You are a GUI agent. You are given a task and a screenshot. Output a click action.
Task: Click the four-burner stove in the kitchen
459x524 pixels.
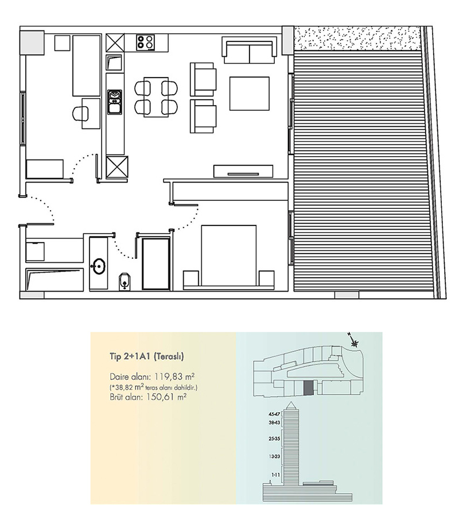click(x=146, y=42)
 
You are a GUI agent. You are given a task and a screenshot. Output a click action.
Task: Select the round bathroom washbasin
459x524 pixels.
click(x=98, y=266)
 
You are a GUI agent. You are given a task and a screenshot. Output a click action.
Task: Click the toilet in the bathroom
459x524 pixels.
click(x=125, y=282)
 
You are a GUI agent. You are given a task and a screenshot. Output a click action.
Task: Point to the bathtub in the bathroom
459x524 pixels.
click(x=54, y=279)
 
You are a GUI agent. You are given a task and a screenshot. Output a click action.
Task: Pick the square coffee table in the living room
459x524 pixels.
click(x=249, y=94)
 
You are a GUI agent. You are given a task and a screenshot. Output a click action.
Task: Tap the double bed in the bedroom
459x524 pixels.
click(x=229, y=255)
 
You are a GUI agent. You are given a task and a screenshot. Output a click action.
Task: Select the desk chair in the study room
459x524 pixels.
click(x=81, y=114)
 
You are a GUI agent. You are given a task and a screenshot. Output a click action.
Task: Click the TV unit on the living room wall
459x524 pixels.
click(x=243, y=171)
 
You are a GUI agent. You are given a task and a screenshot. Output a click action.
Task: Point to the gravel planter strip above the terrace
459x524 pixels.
click(x=357, y=38)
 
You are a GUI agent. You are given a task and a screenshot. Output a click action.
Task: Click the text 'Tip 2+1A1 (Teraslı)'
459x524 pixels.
click(x=147, y=356)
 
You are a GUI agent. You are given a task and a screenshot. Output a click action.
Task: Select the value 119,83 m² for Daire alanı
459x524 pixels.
click(x=174, y=376)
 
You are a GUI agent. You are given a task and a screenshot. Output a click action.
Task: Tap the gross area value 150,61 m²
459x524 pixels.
click(x=166, y=397)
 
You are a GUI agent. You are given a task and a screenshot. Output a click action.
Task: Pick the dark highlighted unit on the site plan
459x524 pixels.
click(x=308, y=388)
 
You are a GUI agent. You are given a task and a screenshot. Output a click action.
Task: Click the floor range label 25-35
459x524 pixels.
click(x=274, y=438)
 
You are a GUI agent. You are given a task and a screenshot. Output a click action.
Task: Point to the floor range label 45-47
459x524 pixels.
click(x=274, y=414)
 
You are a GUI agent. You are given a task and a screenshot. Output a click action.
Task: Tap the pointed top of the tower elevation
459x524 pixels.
click(x=291, y=402)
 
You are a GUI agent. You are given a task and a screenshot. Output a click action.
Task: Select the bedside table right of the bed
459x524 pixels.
click(x=266, y=278)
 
